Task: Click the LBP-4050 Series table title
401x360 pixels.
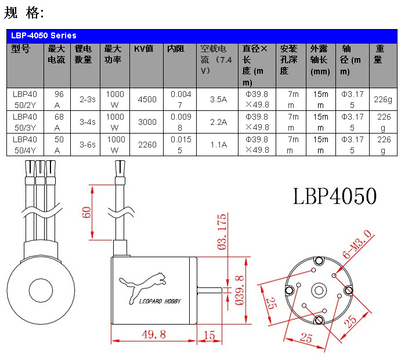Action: click(x=44, y=35)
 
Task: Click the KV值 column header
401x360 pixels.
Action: click(x=143, y=49)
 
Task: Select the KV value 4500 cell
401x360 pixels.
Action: click(x=147, y=99)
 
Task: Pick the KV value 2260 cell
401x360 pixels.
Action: click(x=147, y=145)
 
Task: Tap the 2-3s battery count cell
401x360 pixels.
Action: click(x=86, y=99)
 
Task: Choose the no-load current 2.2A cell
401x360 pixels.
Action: click(x=218, y=122)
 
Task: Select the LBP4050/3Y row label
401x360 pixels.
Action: click(x=25, y=122)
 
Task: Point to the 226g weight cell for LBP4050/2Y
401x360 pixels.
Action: click(x=382, y=99)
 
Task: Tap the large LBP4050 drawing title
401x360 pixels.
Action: click(x=335, y=196)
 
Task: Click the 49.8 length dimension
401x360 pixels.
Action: click(x=154, y=334)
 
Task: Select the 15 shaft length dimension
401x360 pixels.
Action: click(x=209, y=334)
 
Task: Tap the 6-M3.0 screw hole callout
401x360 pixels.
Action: click(x=357, y=244)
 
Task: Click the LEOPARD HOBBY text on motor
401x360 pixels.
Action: click(x=160, y=301)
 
